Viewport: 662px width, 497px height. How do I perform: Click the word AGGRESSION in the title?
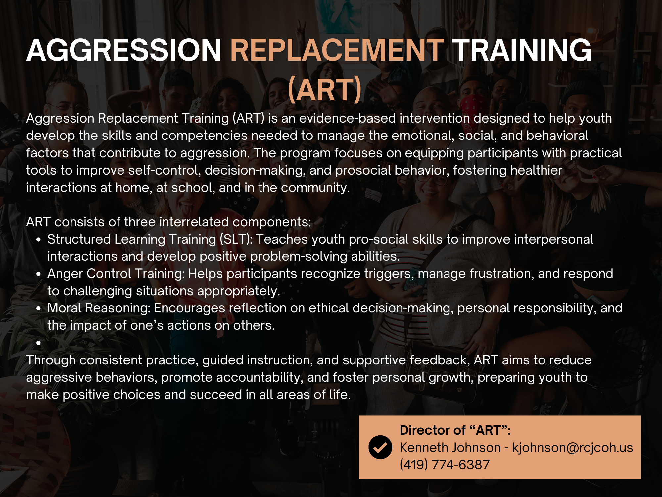[x=124, y=50]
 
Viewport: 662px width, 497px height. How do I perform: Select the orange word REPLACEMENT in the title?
[x=337, y=50]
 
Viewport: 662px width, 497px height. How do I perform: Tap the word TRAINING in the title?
[x=522, y=50]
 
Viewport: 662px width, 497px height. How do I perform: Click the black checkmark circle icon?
[x=380, y=447]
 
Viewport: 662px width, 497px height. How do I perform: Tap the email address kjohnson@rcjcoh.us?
[x=573, y=448]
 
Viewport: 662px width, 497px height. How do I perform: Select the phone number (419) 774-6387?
[x=445, y=465]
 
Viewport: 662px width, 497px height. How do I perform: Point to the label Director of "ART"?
[x=455, y=430]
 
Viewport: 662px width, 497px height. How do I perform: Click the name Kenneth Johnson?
[x=450, y=448]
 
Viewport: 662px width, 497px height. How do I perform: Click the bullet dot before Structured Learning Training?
[x=39, y=240]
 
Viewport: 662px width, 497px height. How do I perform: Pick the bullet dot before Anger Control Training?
[x=39, y=274]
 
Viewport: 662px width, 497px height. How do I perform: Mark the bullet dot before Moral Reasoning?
[x=39, y=308]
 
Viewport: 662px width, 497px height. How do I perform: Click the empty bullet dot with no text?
[x=39, y=343]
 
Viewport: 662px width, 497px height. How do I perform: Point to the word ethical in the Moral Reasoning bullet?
[x=329, y=308]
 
